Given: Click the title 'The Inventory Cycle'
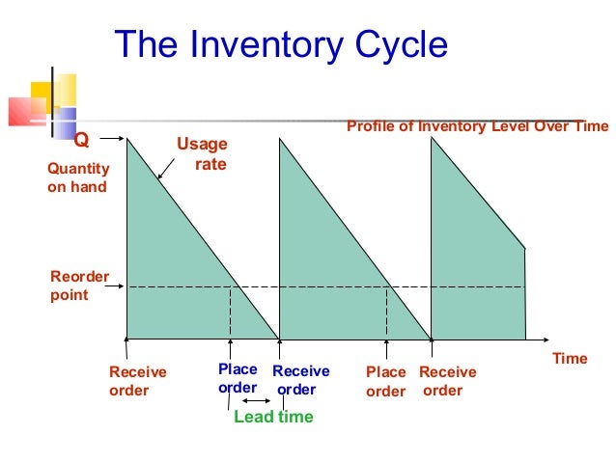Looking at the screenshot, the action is pos(281,44).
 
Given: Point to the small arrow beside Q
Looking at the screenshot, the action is pos(114,141).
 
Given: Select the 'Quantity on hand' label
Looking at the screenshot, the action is pos(78,177).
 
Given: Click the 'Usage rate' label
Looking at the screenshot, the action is pos(202,154).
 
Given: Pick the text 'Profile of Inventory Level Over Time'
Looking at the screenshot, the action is pos(477,126).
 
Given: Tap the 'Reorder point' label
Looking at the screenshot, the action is pos(74,286).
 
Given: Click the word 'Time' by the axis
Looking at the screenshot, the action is pos(570,359).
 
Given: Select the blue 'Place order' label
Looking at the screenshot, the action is pos(238,379).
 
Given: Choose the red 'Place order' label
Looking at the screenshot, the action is pos(386,382).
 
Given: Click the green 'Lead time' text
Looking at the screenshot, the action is pos(273,418).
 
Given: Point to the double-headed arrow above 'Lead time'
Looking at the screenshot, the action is pos(256,400).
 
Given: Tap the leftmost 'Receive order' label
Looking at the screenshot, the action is pos(137,381).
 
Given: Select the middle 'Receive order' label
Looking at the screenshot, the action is pos(300,380).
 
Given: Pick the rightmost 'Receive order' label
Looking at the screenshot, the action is pos(447,381).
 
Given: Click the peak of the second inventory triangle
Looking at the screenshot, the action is pos(280,141).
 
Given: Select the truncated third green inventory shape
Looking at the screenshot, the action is pos(473,260).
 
